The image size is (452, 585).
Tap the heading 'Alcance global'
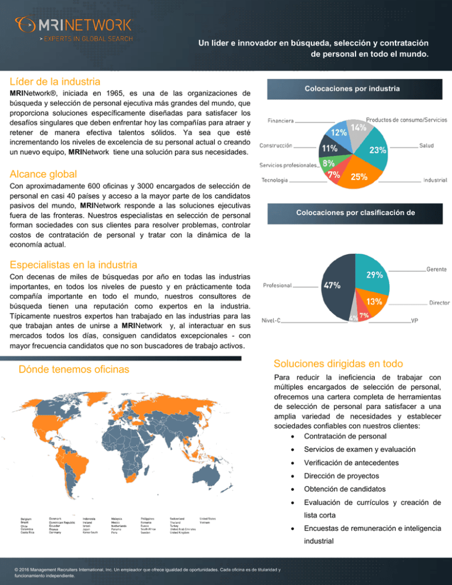43,174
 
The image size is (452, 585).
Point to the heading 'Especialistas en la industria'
74,265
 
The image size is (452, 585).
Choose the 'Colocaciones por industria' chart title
352,89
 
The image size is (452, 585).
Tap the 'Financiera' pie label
281,121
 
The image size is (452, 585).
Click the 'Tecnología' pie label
275,180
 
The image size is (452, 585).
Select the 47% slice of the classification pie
334,288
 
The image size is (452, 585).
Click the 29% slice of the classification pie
373,275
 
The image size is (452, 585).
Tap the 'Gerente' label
435,269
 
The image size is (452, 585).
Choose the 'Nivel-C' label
271,321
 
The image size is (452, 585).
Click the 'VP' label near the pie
414,321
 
